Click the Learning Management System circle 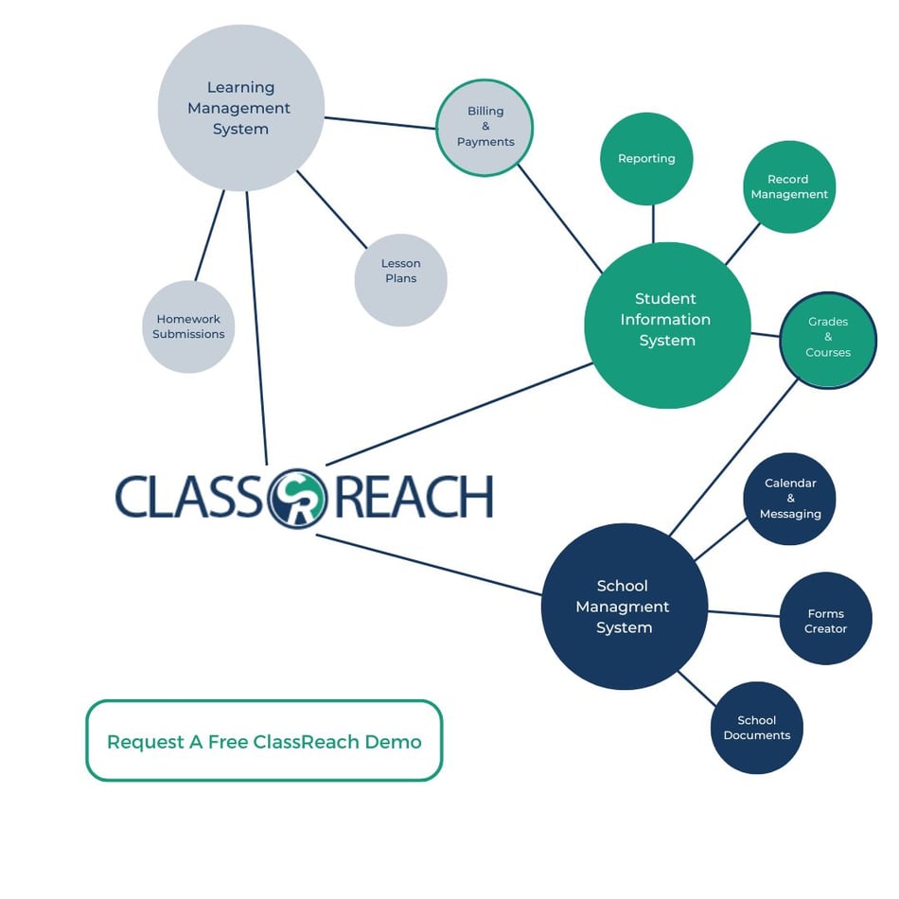pyautogui.click(x=240, y=108)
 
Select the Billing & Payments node pyautogui.click(x=485, y=127)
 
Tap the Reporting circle pyautogui.click(x=646, y=159)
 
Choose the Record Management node pyautogui.click(x=788, y=186)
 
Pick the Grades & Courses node pyautogui.click(x=828, y=339)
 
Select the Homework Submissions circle pyautogui.click(x=188, y=326)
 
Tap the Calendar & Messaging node pyautogui.click(x=790, y=499)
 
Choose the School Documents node pyautogui.click(x=756, y=728)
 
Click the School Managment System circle pyautogui.click(x=624, y=607)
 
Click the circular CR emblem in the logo pyautogui.click(x=296, y=498)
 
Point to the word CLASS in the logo pyautogui.click(x=189, y=498)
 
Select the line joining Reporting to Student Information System pyautogui.click(x=653, y=223)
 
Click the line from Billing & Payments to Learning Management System pyautogui.click(x=379, y=123)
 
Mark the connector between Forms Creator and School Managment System pyautogui.click(x=744, y=613)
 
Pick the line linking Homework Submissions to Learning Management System pyautogui.click(x=210, y=235)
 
